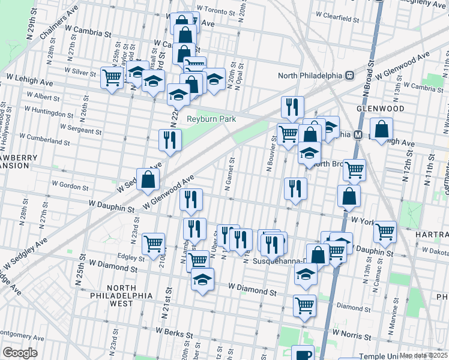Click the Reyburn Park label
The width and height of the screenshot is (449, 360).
211,119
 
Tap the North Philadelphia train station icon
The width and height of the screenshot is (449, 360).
348,76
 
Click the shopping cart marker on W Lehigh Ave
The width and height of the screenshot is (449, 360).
112,77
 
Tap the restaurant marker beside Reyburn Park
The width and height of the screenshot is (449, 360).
170,140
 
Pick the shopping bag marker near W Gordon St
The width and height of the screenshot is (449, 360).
148,179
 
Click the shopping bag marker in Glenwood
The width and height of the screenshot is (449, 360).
381,128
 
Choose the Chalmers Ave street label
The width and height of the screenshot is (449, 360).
59,23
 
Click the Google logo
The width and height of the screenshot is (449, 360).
20,353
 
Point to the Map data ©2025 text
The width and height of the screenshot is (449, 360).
423,355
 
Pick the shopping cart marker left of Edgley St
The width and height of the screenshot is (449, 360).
154,243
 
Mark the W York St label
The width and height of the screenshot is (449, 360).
364,221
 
